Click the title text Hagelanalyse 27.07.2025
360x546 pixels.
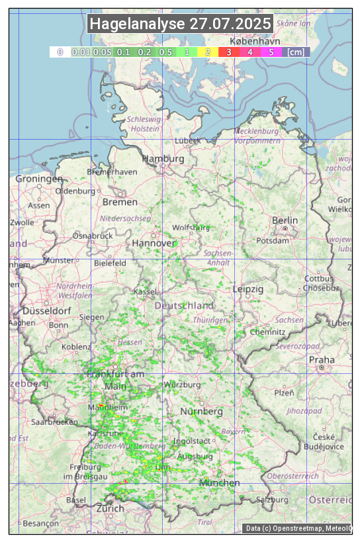(x=180, y=24)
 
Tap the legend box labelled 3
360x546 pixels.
(x=228, y=52)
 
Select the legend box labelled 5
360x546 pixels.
(x=271, y=52)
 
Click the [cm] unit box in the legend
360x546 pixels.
(x=296, y=52)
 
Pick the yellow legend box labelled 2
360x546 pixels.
(x=207, y=52)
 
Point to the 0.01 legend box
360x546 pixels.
(x=81, y=52)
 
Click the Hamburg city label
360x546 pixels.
(x=163, y=159)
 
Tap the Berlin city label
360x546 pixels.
(x=285, y=220)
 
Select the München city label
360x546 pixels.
(x=219, y=483)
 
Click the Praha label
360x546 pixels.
(x=322, y=359)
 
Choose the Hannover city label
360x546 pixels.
(x=154, y=243)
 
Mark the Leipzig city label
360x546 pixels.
(x=248, y=289)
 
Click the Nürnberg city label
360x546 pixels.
(x=201, y=412)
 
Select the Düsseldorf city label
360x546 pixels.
(x=46, y=310)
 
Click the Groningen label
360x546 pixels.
(x=39, y=179)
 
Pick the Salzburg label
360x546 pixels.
(x=273, y=499)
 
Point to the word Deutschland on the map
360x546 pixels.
(x=184, y=305)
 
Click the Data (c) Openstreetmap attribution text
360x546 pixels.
(x=298, y=528)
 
